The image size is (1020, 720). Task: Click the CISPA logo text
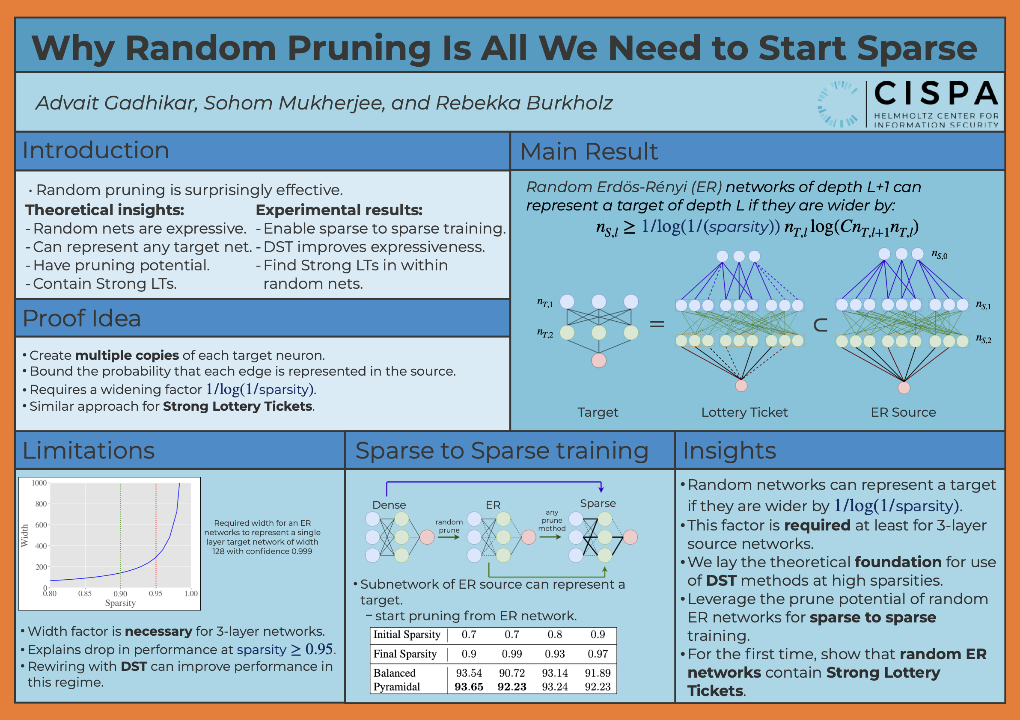[936, 93]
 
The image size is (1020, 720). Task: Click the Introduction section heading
[96, 150]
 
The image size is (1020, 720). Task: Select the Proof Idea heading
[82, 318]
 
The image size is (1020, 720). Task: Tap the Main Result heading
[589, 151]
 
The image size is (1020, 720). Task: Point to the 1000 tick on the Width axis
[39, 483]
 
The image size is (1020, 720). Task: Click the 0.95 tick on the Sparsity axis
[155, 593]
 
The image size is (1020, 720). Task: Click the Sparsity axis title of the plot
[120, 603]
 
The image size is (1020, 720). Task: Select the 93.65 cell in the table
[469, 687]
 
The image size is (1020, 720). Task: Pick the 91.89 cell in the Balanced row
[598, 673]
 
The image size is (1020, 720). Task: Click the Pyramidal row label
[396, 687]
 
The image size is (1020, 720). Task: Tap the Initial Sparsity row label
[407, 635]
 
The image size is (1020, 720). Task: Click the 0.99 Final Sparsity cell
[512, 654]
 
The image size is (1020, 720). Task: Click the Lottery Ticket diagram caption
[745, 412]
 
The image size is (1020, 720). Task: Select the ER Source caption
[903, 412]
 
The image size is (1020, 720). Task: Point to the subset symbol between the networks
[821, 326]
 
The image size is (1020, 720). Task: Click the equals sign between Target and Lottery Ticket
[657, 324]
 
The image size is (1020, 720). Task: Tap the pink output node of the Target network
[598, 361]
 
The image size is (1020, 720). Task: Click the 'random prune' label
[449, 526]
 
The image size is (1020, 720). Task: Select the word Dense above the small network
[389, 505]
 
